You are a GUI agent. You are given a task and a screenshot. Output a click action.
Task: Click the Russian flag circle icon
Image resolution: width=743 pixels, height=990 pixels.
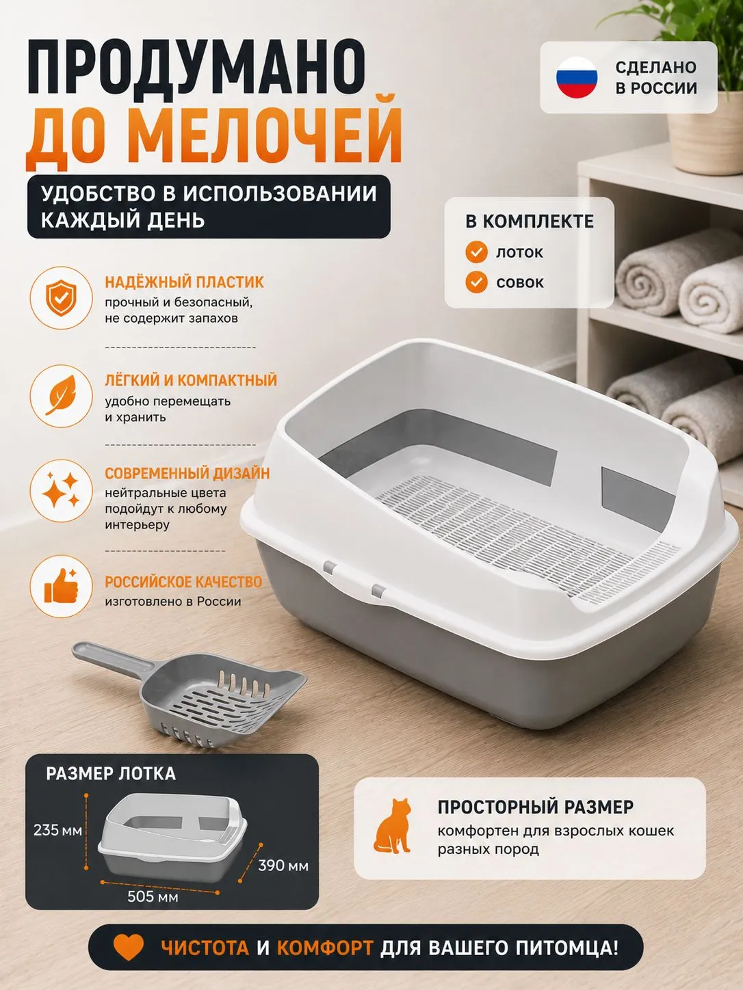click(x=577, y=77)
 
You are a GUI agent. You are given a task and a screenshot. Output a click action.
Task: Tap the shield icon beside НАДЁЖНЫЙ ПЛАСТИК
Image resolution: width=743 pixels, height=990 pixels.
click(x=62, y=297)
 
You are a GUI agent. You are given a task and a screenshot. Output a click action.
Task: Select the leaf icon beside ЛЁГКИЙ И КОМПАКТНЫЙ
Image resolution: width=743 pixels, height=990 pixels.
click(x=61, y=396)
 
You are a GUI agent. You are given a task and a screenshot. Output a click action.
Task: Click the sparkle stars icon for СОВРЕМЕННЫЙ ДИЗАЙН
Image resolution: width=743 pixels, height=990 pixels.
click(x=62, y=491)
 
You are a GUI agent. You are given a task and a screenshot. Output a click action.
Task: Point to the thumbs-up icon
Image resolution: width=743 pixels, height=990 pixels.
click(x=62, y=586)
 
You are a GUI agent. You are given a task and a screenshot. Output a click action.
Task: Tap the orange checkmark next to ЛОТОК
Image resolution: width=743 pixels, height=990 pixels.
click(x=476, y=252)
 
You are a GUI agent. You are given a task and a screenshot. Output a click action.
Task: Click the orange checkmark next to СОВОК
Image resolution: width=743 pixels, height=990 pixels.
click(x=476, y=282)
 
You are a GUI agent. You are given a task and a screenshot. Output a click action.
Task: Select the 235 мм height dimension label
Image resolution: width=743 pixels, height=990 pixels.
click(x=57, y=830)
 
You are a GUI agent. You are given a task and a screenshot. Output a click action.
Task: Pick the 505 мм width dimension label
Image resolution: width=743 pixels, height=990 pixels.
click(x=153, y=896)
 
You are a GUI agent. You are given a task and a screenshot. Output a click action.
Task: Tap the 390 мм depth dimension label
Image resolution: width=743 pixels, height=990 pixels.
click(x=283, y=866)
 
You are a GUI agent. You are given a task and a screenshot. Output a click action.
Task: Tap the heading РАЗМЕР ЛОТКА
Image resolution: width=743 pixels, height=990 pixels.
click(x=111, y=773)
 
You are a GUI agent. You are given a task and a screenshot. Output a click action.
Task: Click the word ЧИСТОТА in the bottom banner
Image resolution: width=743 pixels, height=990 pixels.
click(x=205, y=948)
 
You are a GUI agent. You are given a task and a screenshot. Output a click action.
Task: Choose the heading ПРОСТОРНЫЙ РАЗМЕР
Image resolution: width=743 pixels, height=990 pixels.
click(x=536, y=807)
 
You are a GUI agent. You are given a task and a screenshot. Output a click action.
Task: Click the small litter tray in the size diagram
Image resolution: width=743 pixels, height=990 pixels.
click(x=173, y=838)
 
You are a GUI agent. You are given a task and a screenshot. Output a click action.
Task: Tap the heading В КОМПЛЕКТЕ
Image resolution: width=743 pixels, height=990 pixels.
click(x=530, y=222)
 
